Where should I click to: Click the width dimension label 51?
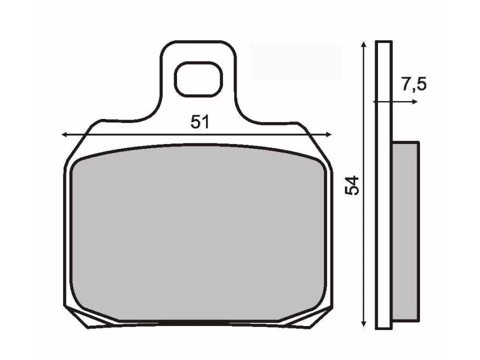pos(199,122)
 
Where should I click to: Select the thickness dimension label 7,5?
pos(413,85)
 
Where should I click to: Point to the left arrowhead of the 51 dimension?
pos(63,134)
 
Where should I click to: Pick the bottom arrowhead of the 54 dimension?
pos(364,323)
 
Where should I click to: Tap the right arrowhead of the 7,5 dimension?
pos(414,101)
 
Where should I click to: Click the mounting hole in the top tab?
pos(198,79)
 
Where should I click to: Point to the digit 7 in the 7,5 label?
pos(406,85)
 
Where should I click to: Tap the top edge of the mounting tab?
pos(198,42)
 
